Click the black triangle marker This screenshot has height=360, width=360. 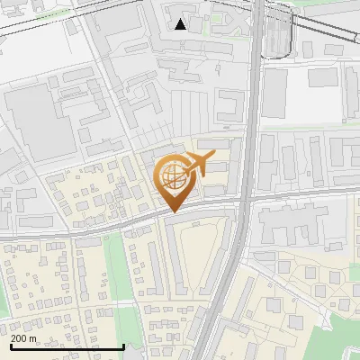click(x=181, y=23)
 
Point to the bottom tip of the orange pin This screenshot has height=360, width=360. click(x=171, y=211)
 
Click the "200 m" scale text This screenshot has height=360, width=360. click(x=23, y=338)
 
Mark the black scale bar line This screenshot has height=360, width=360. click(x=67, y=346)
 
